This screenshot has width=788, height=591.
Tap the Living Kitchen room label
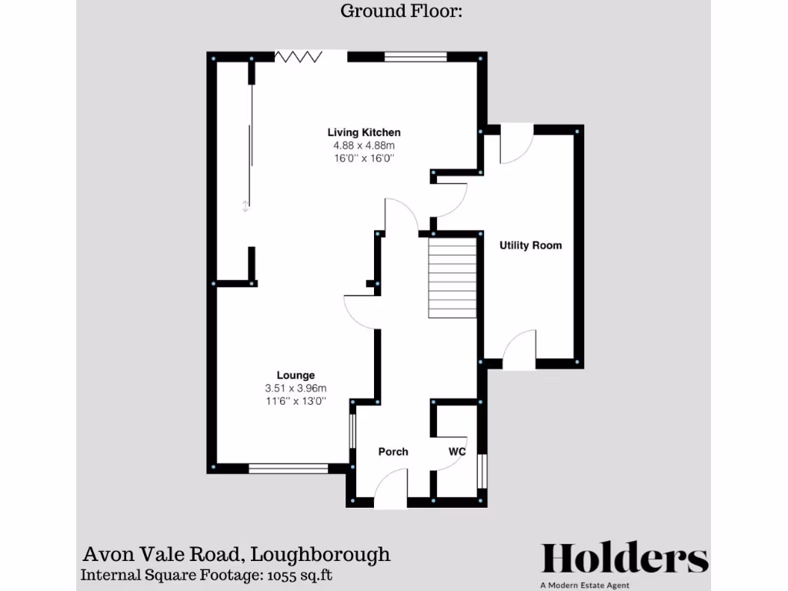(x=364, y=132)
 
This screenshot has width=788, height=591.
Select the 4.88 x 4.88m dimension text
(x=364, y=145)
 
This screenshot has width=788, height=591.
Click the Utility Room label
(x=530, y=245)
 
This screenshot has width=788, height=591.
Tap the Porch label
(x=393, y=452)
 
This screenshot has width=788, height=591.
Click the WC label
(x=457, y=452)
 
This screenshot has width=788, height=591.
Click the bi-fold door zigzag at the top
(x=299, y=56)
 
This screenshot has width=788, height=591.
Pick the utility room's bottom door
(x=519, y=349)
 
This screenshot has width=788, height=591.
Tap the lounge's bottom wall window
(x=289, y=467)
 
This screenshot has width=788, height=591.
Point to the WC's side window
(x=482, y=470)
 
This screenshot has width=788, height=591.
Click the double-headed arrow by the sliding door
(x=245, y=205)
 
